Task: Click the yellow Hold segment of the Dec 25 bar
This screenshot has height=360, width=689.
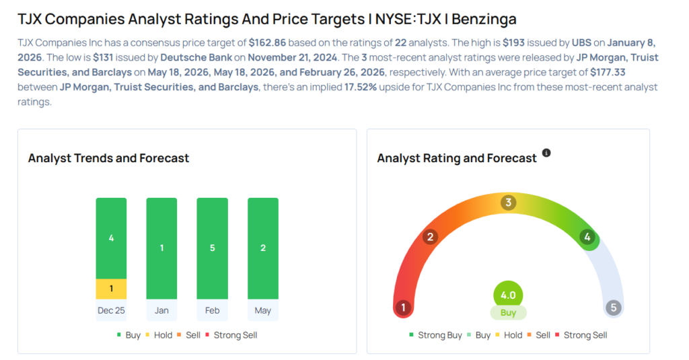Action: (x=111, y=289)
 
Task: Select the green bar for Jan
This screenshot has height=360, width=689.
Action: (x=161, y=248)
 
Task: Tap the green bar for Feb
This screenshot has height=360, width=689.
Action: (x=212, y=248)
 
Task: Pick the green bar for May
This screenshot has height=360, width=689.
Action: (x=263, y=248)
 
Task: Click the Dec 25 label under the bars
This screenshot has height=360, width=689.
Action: (x=111, y=310)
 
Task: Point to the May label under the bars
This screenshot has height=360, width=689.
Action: (x=263, y=310)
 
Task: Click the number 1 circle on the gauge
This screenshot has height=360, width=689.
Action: (x=404, y=308)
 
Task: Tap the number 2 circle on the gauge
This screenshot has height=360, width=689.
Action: (x=431, y=237)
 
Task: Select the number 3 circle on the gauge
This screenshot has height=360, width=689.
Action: (x=509, y=203)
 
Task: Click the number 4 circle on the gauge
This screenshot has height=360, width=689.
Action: (x=587, y=238)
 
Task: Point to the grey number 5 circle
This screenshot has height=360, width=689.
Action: (x=614, y=308)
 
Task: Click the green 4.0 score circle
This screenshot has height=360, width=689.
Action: (x=508, y=295)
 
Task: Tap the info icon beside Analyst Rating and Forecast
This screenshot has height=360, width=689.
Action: (x=546, y=153)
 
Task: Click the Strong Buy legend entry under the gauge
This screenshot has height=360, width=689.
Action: (x=435, y=335)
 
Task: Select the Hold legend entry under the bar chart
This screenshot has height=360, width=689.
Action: (x=159, y=335)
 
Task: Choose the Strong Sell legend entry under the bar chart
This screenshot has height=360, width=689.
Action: (x=231, y=335)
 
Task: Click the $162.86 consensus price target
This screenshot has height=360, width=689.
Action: (x=267, y=42)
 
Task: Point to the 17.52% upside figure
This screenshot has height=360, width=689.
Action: (x=361, y=87)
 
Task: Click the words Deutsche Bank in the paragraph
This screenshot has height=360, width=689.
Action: (x=196, y=58)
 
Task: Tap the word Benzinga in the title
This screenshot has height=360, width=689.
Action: (x=484, y=20)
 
